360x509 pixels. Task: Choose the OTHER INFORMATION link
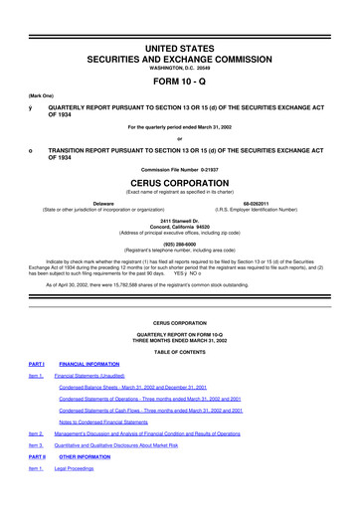(85, 484)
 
